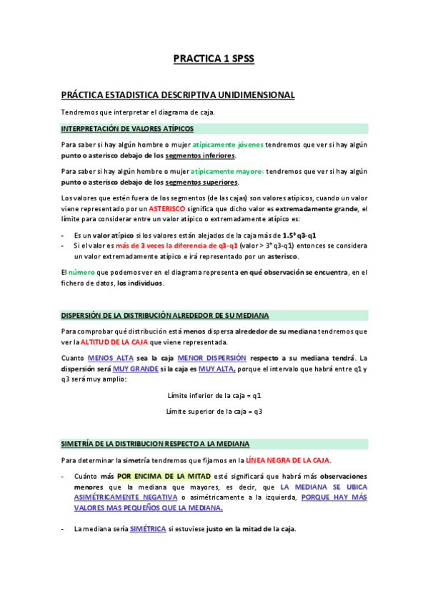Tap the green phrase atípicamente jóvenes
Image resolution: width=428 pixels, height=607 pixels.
[x=228, y=145]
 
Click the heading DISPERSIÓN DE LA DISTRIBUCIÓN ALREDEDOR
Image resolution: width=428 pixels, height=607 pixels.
[x=165, y=315]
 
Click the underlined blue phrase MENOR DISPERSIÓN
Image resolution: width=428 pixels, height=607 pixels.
[x=211, y=357]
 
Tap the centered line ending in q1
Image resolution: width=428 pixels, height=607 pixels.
[x=214, y=395]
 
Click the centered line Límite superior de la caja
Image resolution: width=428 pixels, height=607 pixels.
[x=214, y=411]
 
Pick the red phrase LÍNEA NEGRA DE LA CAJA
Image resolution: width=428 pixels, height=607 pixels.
[x=288, y=460]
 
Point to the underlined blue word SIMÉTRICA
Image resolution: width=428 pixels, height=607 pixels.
[x=148, y=529]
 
